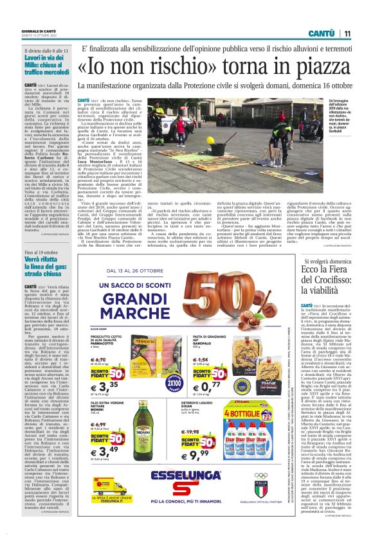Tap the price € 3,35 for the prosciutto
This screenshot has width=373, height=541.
tap(103, 385)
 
